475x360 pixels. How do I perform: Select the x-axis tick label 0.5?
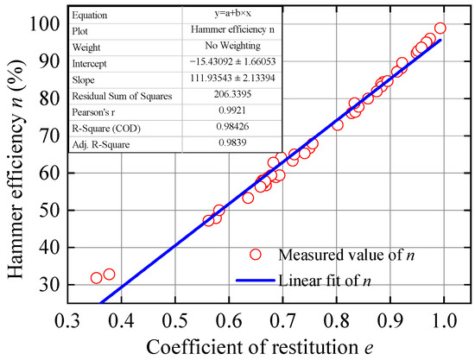(x=174, y=322)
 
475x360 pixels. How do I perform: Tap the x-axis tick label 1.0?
(x=444, y=322)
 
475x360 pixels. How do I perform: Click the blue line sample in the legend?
(x=254, y=281)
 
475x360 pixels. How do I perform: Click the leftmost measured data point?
(x=96, y=278)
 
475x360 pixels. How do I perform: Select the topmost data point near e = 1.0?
(x=440, y=28)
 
